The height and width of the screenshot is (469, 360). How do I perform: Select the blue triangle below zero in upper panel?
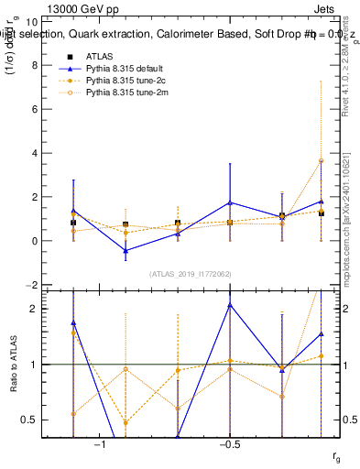click(x=125, y=250)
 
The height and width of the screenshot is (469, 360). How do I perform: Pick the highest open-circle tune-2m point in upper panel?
click(x=321, y=160)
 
